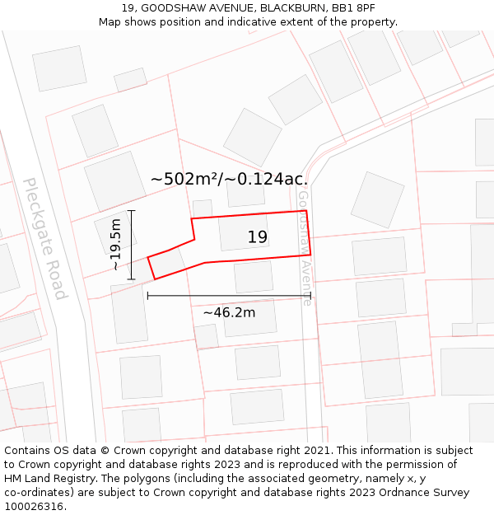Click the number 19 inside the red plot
pos(258,237)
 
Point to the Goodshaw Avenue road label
pos(305,248)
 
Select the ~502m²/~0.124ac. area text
pos(229,179)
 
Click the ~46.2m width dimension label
pos(229,312)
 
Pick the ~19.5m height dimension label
pos(116,245)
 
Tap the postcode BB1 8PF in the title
pos(353,8)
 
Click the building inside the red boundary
pos(244,232)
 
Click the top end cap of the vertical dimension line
pos(132,211)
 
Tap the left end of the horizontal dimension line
pos(148,295)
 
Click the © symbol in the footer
pos(105,451)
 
